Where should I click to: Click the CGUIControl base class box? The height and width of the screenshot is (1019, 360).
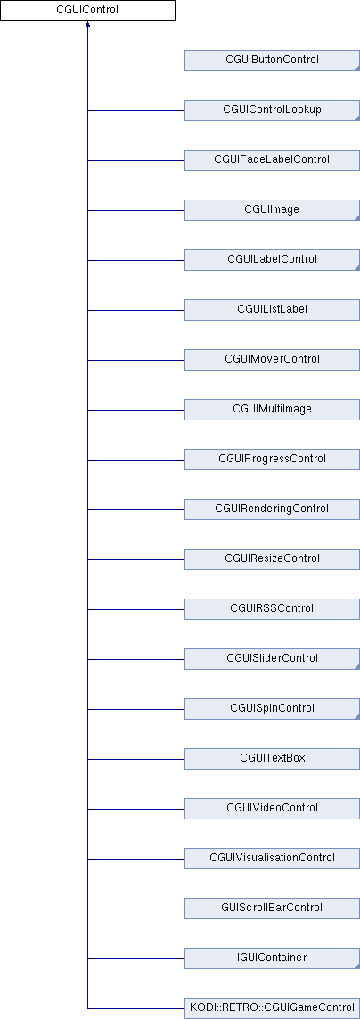tap(87, 11)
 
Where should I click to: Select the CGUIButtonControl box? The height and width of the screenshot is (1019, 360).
tap(273, 61)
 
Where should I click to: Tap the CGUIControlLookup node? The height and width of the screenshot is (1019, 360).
tap(273, 110)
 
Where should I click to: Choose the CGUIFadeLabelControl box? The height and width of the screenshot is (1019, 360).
tap(273, 159)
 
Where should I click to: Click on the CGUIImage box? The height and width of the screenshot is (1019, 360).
tap(273, 210)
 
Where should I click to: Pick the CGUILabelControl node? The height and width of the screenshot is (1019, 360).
tap(273, 260)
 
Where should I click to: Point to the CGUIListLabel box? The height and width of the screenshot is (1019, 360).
tap(273, 309)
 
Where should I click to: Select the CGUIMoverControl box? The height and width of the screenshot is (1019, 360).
tap(273, 359)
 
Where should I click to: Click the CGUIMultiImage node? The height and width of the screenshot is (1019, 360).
tap(273, 410)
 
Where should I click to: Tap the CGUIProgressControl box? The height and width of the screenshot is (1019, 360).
tap(273, 460)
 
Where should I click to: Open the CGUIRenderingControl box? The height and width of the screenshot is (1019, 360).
tap(273, 509)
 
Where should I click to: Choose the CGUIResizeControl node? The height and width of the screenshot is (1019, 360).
tap(273, 558)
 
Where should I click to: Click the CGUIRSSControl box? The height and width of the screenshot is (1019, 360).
tap(273, 609)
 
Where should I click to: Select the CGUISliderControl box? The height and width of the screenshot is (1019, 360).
tap(273, 659)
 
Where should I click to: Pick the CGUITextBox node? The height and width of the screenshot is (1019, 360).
tap(273, 758)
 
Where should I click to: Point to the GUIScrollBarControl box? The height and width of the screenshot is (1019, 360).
tap(273, 908)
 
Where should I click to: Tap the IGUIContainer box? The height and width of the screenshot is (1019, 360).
tap(273, 958)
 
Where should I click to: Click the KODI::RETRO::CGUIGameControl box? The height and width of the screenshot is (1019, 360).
tap(273, 1008)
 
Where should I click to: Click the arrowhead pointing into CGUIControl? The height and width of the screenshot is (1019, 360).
tap(87, 25)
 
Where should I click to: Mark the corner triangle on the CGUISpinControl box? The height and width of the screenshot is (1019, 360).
tap(357, 717)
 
